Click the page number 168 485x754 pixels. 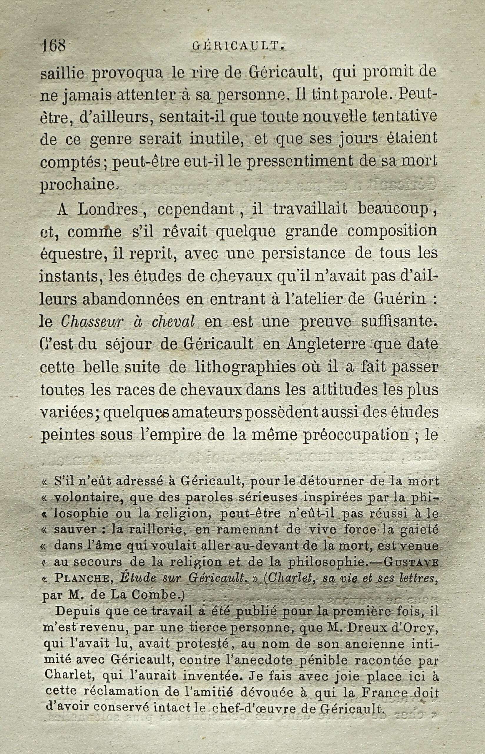point(54,47)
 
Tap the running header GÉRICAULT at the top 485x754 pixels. point(239,47)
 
